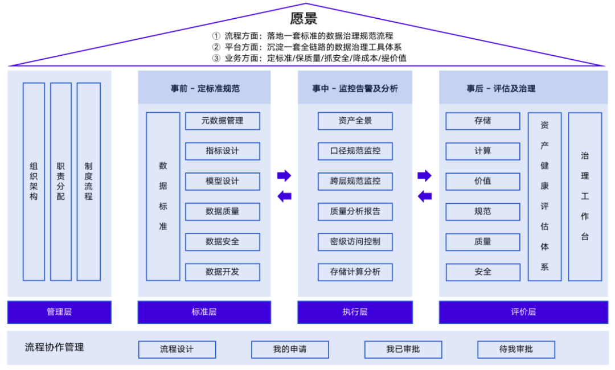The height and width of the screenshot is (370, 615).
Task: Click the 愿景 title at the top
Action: [x=304, y=18]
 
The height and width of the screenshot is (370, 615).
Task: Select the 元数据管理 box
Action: [x=223, y=121]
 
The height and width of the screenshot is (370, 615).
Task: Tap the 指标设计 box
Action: [x=223, y=151]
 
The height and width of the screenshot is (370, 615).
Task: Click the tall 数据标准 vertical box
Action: [x=163, y=196]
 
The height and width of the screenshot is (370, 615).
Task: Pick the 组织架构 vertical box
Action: [x=34, y=182]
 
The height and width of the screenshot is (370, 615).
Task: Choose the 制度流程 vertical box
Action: [x=88, y=182]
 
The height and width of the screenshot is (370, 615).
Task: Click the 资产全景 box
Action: [x=355, y=121]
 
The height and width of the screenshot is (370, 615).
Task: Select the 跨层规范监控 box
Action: [x=355, y=181]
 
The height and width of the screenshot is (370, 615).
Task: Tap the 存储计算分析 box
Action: [x=355, y=272]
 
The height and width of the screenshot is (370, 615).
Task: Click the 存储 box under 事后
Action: [x=483, y=121]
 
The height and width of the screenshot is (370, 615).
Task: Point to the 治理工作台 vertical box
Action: [x=585, y=196]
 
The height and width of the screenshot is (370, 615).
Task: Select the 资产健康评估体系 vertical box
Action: [x=544, y=196]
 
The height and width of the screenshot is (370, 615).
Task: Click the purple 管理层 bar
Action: [x=59, y=312]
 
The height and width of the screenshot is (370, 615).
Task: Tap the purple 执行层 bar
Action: [x=355, y=312]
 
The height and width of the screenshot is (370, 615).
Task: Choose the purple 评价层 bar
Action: [x=523, y=312]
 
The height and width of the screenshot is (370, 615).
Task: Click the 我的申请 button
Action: [x=290, y=349]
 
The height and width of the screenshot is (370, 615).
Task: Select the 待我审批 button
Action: [x=516, y=349]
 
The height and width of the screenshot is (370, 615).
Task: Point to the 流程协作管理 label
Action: [x=55, y=347]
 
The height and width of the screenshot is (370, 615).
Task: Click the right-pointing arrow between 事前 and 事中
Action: [x=284, y=175]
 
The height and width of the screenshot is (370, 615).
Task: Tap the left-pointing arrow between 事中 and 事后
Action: [x=425, y=196]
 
